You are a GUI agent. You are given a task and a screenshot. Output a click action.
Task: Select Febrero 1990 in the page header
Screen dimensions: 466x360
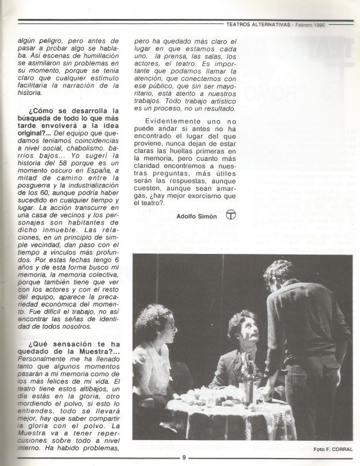(x=310, y=25)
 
